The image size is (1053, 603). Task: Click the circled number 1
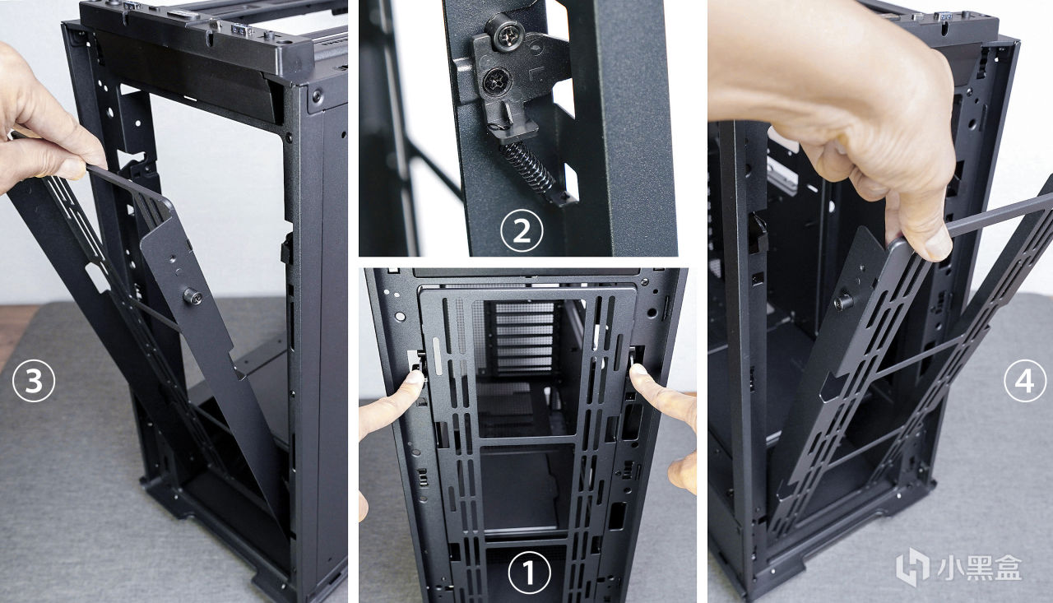coord(529,573)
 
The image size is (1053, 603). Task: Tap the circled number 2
coord(522,231)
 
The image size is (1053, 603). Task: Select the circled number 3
coord(34,380)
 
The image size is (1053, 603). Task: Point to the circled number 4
coord(1025,380)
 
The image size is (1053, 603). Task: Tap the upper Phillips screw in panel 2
coord(506,33)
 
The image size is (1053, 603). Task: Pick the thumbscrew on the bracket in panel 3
coord(193,296)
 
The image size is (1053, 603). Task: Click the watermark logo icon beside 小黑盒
coord(912,568)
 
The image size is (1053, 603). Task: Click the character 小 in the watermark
coord(944,568)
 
